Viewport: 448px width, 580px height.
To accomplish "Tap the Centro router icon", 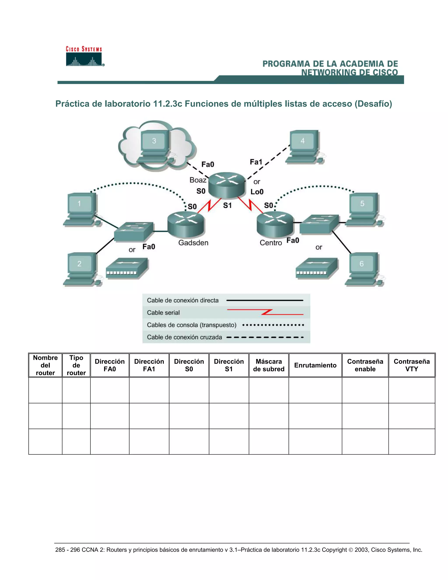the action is (x=275, y=224).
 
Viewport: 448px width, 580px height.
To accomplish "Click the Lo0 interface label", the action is (x=257, y=192).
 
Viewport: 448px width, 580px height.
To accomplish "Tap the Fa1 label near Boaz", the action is (x=256, y=162).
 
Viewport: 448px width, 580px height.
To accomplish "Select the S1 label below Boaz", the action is (x=227, y=205).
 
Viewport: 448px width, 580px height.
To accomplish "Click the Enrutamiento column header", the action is (x=315, y=365).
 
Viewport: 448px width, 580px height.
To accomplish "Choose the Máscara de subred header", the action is (x=269, y=365).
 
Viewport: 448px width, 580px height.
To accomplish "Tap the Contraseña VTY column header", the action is (x=411, y=365).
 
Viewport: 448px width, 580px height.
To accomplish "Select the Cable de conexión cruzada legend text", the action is (x=184, y=337).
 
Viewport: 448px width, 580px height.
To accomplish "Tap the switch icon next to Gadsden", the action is (x=133, y=231).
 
